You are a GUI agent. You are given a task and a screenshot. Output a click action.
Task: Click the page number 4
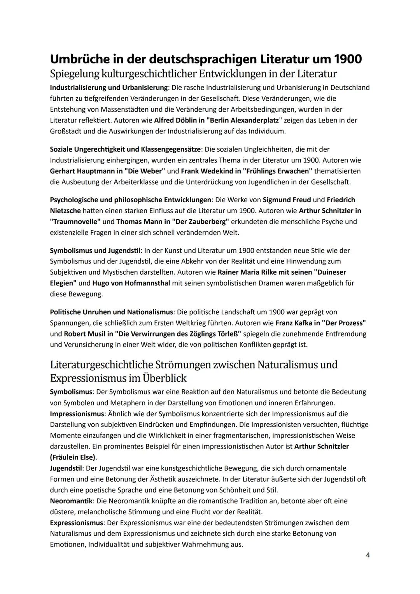pos(367,555)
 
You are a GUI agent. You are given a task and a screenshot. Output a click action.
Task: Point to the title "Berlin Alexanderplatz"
pos(241,120)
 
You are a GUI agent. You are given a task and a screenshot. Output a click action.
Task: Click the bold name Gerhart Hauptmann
pos(80,171)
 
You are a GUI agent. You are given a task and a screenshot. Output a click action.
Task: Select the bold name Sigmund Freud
pos(287,200)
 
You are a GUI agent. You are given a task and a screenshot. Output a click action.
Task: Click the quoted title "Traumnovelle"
pos(75,221)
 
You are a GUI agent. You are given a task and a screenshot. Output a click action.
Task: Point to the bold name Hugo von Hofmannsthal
pos(131,283)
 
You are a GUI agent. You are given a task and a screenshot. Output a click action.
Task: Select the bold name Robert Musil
pos(86,334)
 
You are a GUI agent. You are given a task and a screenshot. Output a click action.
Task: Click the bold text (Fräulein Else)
pos(72,457)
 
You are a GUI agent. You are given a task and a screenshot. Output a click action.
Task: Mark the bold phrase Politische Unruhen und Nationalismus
pos(111,312)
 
